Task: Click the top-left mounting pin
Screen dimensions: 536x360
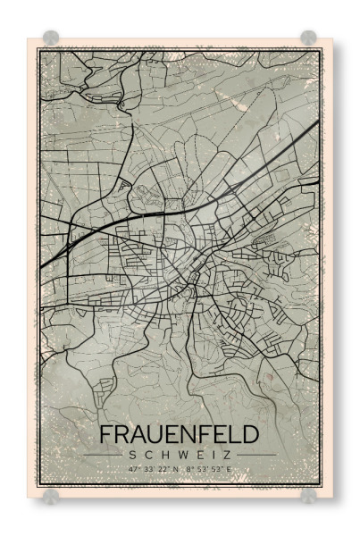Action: [x=51, y=38]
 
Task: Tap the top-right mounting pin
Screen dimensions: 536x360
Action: [x=308, y=38]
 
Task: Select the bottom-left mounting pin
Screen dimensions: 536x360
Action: [x=51, y=495]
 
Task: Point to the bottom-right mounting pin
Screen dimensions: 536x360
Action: [x=308, y=495]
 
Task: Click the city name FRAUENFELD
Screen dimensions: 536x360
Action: [x=179, y=435]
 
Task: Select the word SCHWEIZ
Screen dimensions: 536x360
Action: [x=179, y=455]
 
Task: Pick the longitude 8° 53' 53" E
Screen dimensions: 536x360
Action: [x=206, y=468]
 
